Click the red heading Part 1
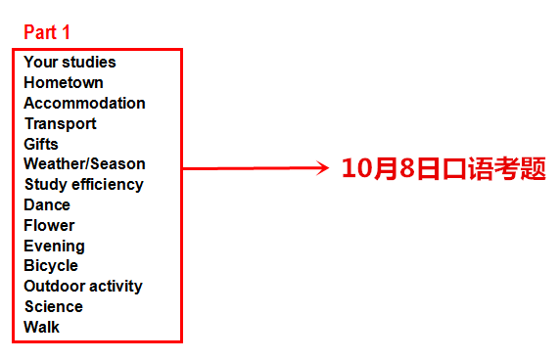(47, 31)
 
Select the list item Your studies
(70, 62)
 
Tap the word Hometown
(64, 82)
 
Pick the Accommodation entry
(84, 103)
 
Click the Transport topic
(61, 123)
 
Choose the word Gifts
(41, 144)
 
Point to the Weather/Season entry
(84, 163)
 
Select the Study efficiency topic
(83, 184)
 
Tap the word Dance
(47, 204)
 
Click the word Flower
(49, 225)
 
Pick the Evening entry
(54, 246)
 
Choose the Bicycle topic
(51, 265)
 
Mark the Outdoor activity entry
(83, 286)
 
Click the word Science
(53, 306)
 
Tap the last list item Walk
(41, 327)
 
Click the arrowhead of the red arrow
(323, 168)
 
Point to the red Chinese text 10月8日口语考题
(443, 168)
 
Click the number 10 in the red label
(354, 168)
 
